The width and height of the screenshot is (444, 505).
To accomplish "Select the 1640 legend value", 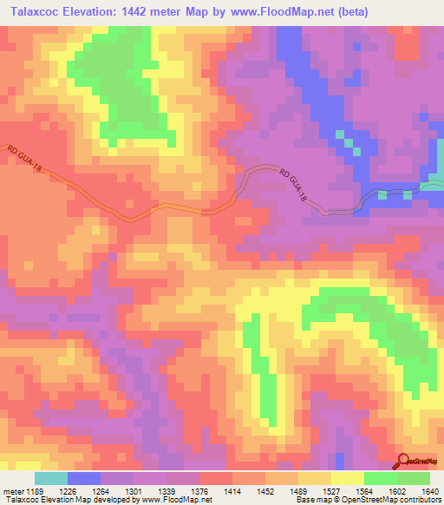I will coord(429,490).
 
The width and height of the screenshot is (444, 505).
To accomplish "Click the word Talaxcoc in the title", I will coord(36,12).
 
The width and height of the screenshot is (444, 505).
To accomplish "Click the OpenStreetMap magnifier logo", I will coord(404,462).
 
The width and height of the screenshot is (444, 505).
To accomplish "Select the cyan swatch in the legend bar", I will coord(51,478).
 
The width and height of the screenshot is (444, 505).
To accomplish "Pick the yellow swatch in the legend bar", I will coord(348,478).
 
